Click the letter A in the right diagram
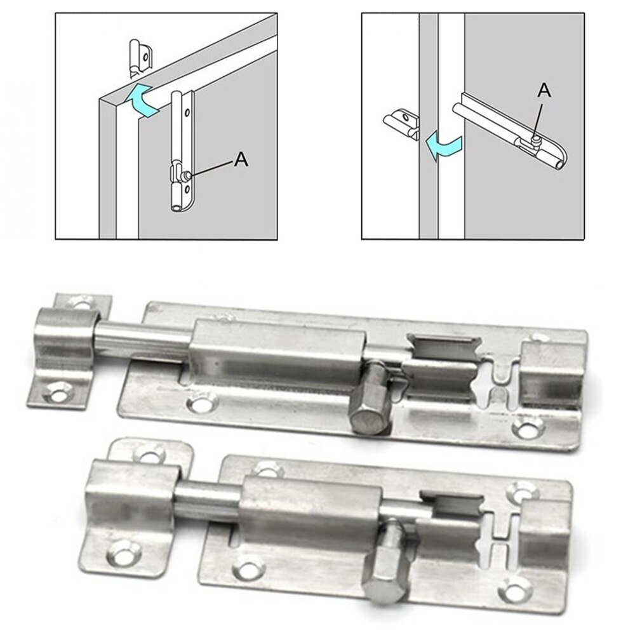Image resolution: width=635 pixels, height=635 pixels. pyautogui.click(x=544, y=91)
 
